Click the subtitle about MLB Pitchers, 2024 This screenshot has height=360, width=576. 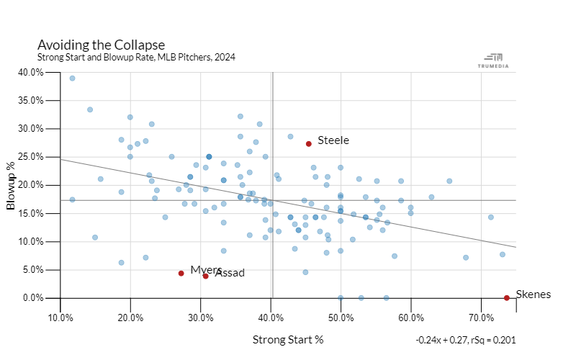click(136, 57)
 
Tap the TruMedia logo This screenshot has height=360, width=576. click(493, 60)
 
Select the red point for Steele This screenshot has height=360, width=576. click(309, 143)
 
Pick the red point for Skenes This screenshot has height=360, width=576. click(507, 297)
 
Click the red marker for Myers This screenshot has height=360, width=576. click(181, 273)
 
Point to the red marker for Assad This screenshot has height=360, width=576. click(206, 276)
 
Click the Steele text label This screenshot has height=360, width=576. click(333, 140)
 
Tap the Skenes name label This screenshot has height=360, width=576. click(534, 294)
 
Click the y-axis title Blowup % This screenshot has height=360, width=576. click(12, 185)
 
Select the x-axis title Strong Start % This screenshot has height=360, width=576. click(288, 340)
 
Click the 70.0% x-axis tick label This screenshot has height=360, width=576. click(481, 316)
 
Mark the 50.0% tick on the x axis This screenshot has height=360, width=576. click(341, 316)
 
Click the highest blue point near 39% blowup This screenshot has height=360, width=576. click(72, 78)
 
